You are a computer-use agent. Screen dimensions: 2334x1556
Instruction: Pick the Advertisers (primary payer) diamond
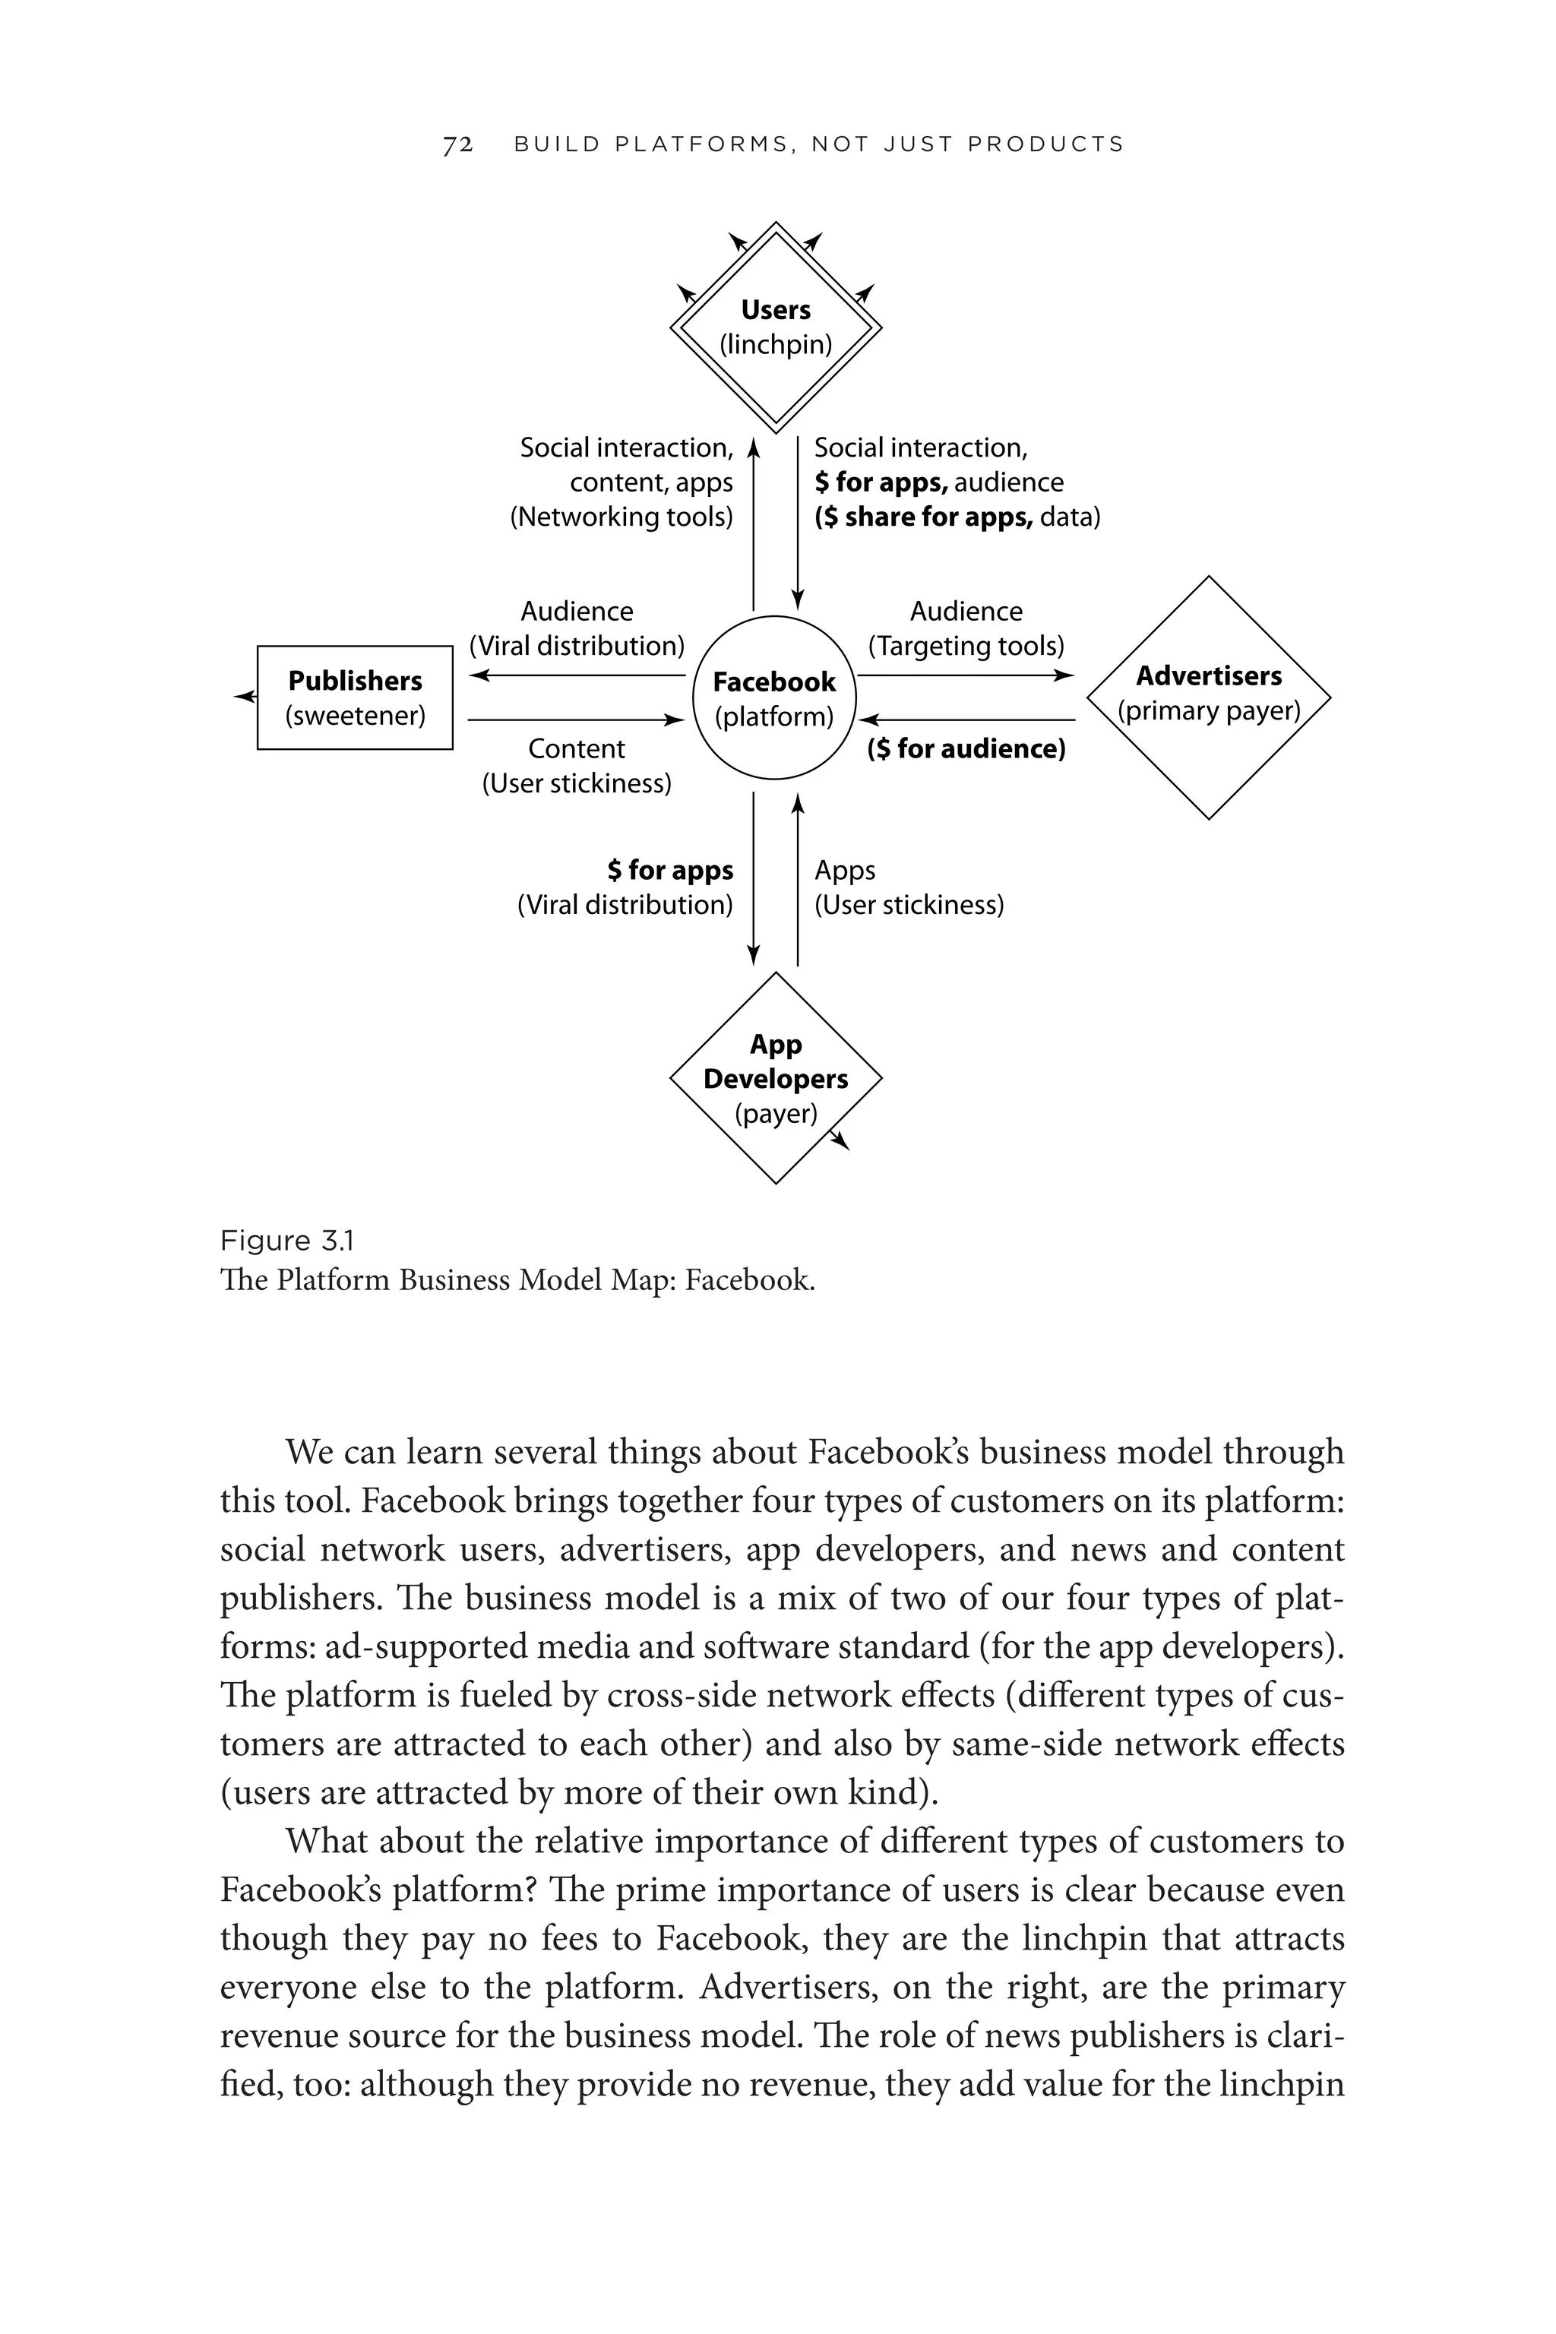pos(1208,697)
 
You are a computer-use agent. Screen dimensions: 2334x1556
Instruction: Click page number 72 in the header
pos(457,145)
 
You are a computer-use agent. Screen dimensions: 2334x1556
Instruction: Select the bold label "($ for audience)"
pos(966,749)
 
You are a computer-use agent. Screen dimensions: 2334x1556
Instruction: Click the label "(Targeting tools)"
pos(966,646)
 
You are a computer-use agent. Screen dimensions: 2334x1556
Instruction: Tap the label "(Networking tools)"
pos(621,517)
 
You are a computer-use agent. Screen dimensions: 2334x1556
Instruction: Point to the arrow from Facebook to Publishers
pos(577,675)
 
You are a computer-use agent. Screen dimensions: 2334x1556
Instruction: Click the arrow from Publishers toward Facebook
pos(577,719)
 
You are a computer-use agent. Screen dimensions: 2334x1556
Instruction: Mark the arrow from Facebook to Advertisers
pos(966,675)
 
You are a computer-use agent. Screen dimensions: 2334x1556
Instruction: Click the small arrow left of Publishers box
pos(244,697)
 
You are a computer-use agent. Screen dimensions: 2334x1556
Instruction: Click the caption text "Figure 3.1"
pos(286,1241)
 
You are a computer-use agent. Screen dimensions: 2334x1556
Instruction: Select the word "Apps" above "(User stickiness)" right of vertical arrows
pos(845,870)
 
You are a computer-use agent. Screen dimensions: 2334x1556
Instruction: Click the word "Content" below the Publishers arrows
pos(577,749)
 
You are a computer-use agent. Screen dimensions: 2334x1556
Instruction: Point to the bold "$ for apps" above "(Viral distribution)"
pos(670,870)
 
